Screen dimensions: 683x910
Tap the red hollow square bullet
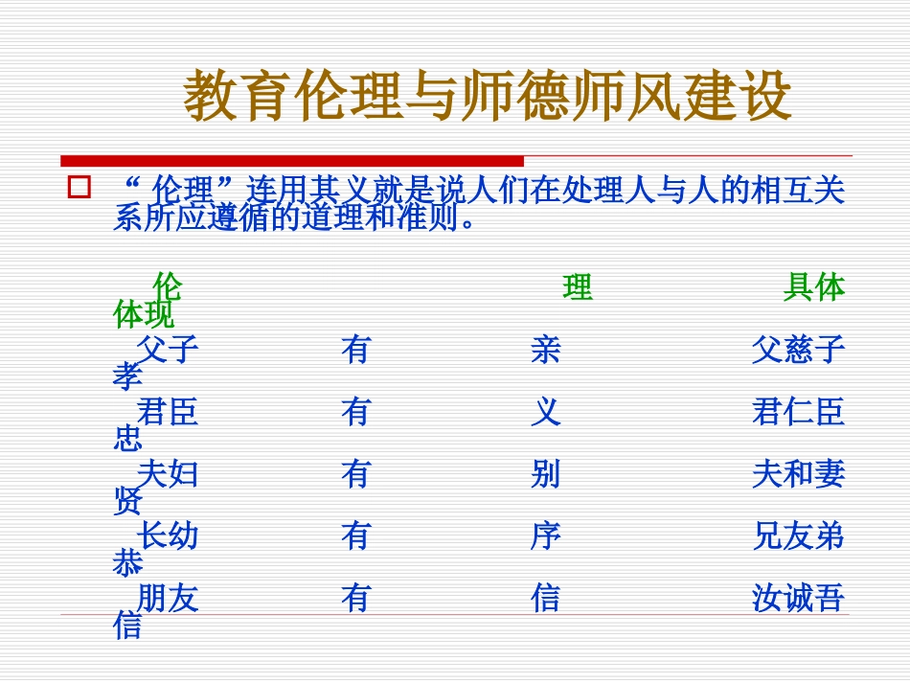point(79,187)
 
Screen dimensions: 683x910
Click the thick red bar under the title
point(292,161)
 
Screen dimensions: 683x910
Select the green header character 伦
point(168,286)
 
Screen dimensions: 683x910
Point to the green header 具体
point(814,286)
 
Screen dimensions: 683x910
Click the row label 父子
point(168,350)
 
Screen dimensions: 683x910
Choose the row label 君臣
point(168,412)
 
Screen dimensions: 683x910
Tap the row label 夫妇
point(168,474)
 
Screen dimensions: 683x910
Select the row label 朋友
point(168,599)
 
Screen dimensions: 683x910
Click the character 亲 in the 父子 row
point(545,350)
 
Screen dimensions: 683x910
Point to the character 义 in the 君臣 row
point(545,412)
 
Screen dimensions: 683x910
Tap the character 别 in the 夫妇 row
point(545,474)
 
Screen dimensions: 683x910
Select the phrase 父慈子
point(799,350)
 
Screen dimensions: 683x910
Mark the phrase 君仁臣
point(799,412)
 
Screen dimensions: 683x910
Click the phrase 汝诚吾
point(799,599)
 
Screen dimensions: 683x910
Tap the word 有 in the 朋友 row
point(355,599)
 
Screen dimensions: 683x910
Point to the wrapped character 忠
point(127,439)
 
